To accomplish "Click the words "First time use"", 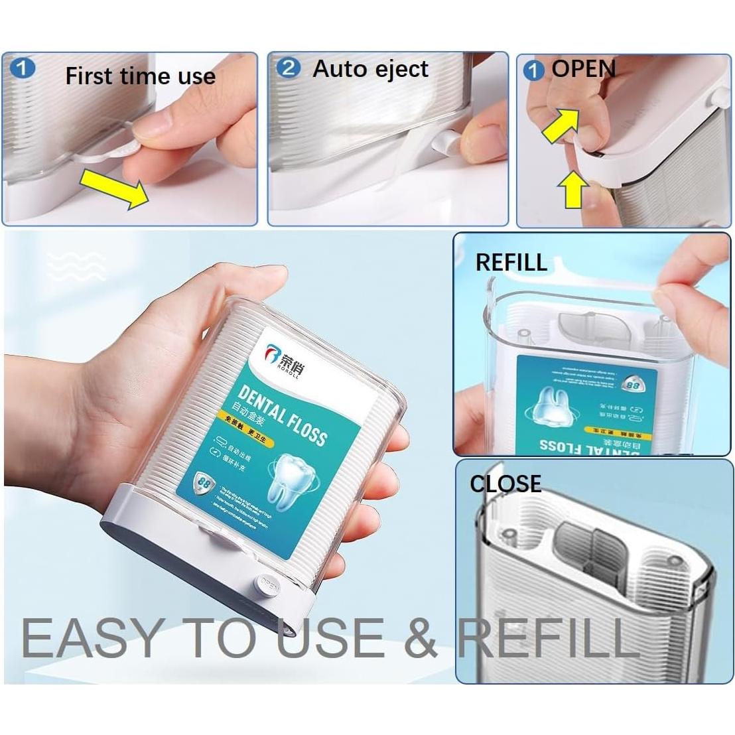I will click(x=140, y=76).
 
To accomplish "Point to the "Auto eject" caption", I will click(x=370, y=68).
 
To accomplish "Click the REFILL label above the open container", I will click(x=511, y=263).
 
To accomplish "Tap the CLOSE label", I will click(x=505, y=484).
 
